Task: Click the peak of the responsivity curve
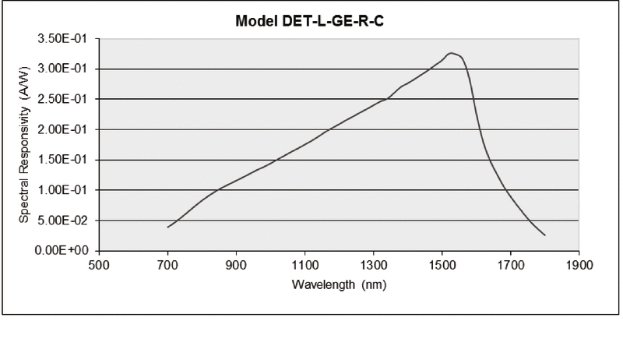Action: [450, 53]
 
